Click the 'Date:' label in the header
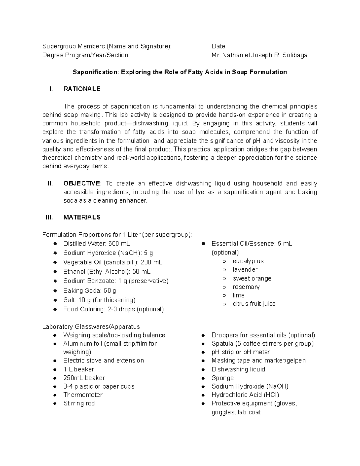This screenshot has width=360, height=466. (x=219, y=46)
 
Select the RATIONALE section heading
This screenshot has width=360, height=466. (x=82, y=89)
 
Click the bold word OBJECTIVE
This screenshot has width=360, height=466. (x=82, y=184)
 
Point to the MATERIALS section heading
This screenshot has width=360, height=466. (x=82, y=217)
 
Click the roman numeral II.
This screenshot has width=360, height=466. (x=50, y=184)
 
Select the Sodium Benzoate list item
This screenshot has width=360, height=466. (x=116, y=281)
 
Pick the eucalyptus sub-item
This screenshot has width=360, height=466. (x=248, y=261)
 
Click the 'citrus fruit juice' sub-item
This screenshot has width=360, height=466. (x=254, y=304)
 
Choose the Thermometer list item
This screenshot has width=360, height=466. (x=83, y=395)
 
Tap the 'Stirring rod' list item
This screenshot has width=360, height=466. (x=79, y=403)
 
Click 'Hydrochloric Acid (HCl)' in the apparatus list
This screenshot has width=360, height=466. (x=245, y=395)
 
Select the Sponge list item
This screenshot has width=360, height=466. (x=222, y=378)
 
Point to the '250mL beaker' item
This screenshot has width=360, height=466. (x=84, y=378)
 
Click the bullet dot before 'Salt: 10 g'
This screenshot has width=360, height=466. (x=55, y=300)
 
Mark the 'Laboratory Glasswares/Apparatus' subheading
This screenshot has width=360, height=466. (x=91, y=326)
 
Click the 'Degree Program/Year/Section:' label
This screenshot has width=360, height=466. (x=86, y=55)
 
